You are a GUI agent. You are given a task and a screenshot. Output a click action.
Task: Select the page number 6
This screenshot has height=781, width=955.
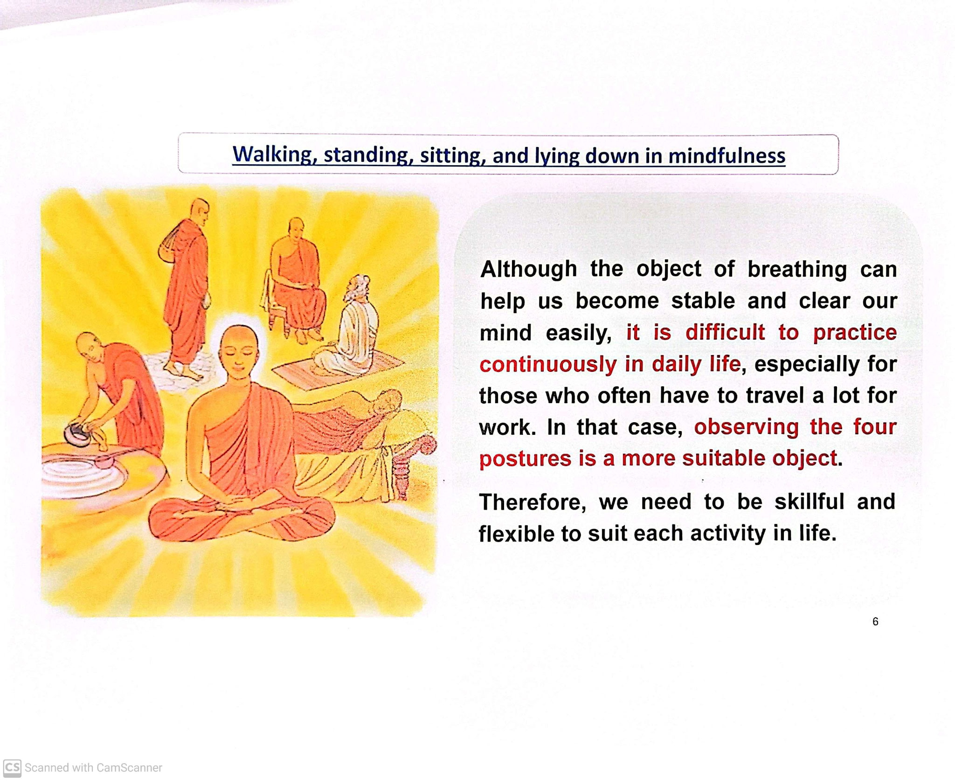(875, 621)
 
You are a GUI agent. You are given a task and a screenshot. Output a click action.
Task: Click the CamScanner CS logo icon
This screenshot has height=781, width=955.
(12, 767)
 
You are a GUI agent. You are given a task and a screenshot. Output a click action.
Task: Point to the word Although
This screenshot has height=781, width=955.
(528, 269)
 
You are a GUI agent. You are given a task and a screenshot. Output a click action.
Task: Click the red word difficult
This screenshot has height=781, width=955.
(725, 333)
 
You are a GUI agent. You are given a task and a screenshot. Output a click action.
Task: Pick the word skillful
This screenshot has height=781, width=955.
(809, 502)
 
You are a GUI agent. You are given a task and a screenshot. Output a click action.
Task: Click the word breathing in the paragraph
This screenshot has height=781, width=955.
(797, 269)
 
